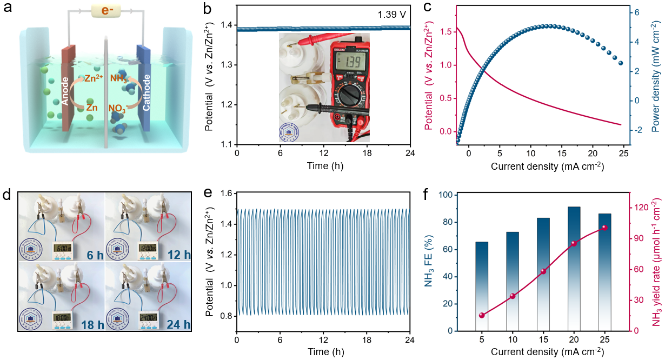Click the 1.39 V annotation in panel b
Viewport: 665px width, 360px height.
(x=391, y=12)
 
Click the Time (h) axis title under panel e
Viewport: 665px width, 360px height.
(x=323, y=352)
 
